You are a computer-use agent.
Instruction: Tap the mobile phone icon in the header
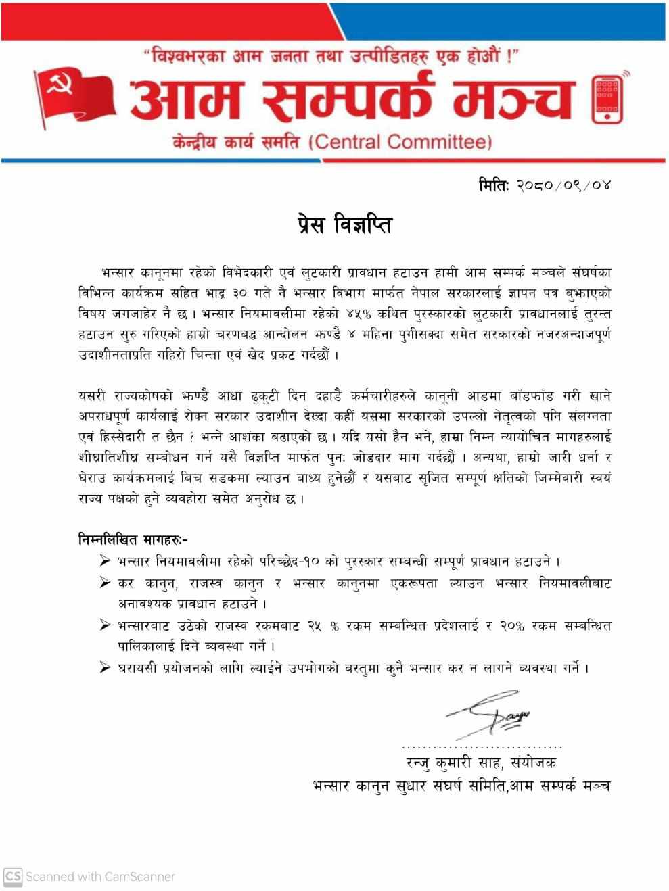pos(607,99)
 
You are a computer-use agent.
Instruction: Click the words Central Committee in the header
pos(399,142)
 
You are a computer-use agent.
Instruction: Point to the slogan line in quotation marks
pos(331,57)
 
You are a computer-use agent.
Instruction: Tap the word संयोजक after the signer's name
pos(536,763)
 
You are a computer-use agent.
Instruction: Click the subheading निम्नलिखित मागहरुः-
pos(133,539)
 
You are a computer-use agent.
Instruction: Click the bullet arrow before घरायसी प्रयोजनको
pos(105,668)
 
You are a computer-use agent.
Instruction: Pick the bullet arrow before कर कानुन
pos(105,583)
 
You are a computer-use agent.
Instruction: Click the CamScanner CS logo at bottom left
pos(13,876)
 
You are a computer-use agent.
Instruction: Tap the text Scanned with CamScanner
pos(100,876)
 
